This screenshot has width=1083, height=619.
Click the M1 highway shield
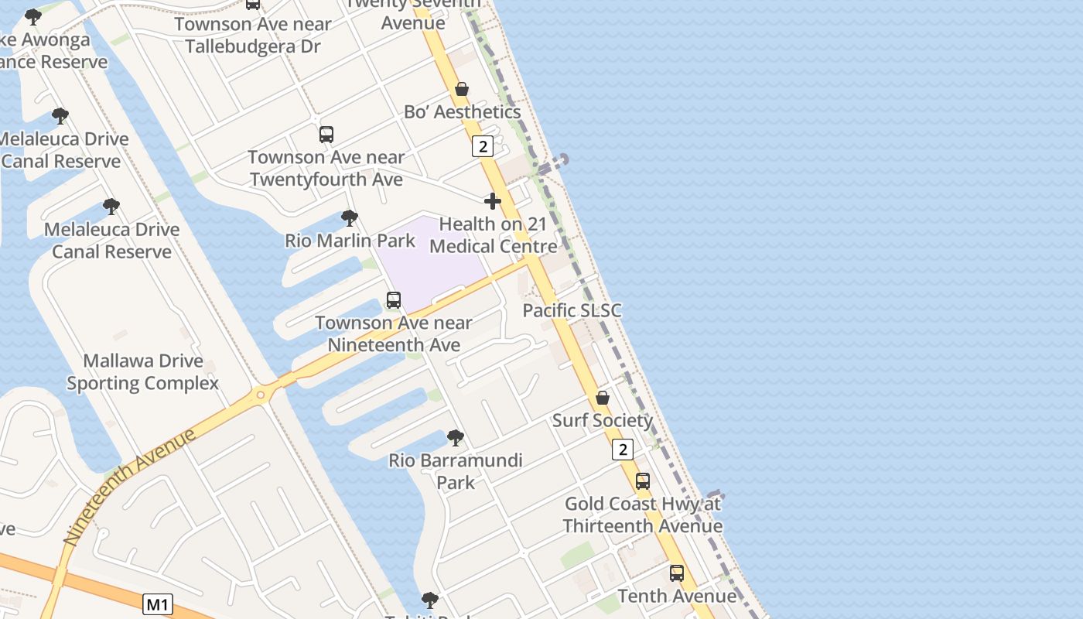(158, 604)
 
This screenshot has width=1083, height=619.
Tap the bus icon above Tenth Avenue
(677, 573)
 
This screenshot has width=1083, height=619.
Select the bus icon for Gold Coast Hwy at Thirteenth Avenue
(643, 481)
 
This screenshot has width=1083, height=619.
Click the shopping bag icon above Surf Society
(603, 398)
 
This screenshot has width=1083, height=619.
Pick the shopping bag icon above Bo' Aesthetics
(462, 89)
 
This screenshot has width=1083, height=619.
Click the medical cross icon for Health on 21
(493, 201)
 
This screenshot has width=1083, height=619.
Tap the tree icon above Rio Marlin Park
(350, 218)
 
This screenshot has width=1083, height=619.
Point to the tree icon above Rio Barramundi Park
(456, 438)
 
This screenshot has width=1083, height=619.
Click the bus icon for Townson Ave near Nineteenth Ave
(394, 300)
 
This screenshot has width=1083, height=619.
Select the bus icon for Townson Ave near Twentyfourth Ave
(326, 135)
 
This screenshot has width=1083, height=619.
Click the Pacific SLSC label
(572, 310)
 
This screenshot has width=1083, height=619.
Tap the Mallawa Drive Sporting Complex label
(143, 372)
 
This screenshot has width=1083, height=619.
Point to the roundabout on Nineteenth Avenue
(261, 395)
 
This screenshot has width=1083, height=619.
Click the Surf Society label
(603, 420)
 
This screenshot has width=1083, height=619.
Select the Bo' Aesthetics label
(462, 111)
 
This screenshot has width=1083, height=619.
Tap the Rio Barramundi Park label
(456, 471)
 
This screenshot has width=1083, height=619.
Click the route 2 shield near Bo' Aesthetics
(483, 146)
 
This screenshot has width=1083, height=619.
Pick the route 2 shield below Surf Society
(623, 450)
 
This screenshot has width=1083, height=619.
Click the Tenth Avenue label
(677, 596)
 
